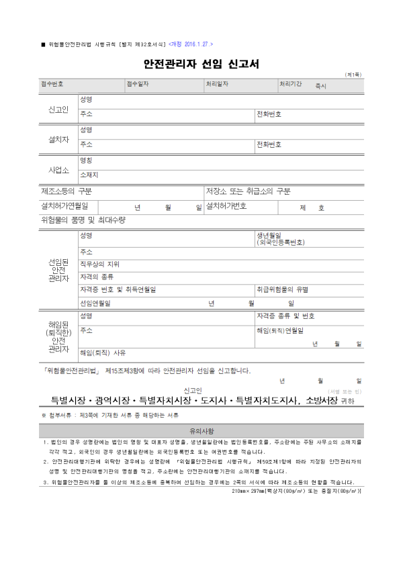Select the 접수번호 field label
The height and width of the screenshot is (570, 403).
click(52, 84)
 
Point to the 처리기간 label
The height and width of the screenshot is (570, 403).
click(292, 84)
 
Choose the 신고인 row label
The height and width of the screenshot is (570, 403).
click(58, 109)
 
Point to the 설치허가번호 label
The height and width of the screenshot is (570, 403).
click(226, 205)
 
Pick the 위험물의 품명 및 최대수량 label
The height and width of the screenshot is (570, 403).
click(83, 220)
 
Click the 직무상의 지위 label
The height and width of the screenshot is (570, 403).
click(99, 264)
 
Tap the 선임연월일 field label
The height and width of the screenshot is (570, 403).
click(95, 303)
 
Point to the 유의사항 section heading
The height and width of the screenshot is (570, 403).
click(201, 430)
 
